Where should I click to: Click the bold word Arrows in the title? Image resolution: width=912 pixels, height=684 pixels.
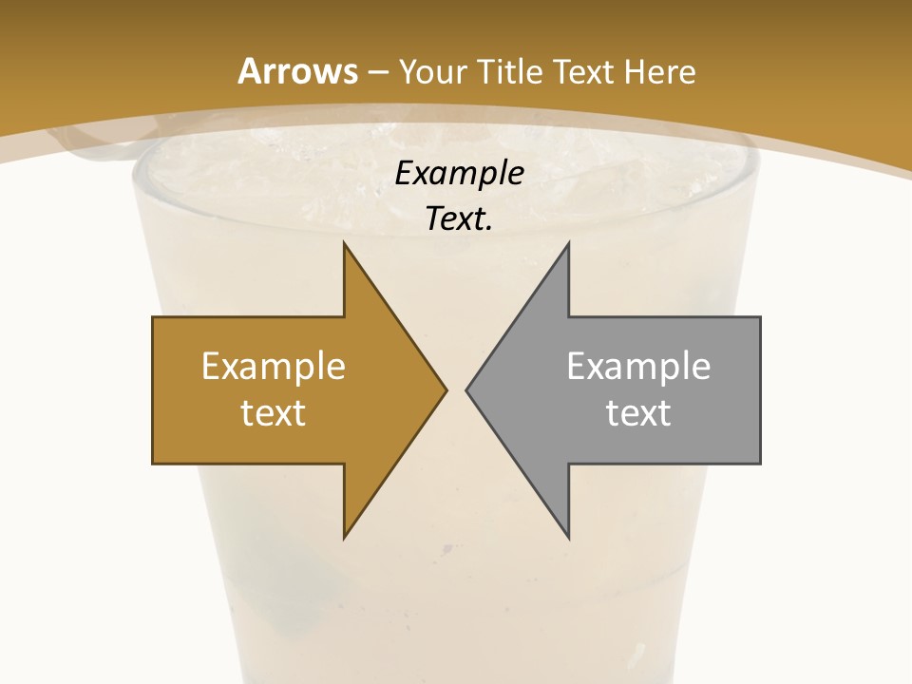point(297,71)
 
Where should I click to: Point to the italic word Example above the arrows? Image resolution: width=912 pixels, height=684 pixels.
point(460,174)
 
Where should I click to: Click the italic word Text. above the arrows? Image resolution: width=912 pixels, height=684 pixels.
point(460,219)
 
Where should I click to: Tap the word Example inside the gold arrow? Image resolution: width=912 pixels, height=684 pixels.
point(274,367)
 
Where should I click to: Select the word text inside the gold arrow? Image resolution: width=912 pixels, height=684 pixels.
point(274,413)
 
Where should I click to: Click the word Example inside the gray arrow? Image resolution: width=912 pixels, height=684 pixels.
point(638,367)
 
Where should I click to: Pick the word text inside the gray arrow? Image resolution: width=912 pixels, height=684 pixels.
point(638,413)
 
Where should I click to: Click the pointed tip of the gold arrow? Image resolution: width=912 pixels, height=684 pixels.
point(445,389)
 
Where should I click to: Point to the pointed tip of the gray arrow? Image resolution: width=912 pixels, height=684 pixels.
point(467,389)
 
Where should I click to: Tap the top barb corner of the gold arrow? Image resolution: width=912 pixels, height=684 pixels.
point(344,244)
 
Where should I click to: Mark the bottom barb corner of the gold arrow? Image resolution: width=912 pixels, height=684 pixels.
point(344,537)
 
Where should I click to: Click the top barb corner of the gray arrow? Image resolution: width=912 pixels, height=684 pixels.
point(568,244)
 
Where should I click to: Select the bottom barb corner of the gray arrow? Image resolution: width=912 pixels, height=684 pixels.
point(568,537)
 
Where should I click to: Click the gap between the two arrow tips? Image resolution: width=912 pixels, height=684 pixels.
point(456,389)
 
